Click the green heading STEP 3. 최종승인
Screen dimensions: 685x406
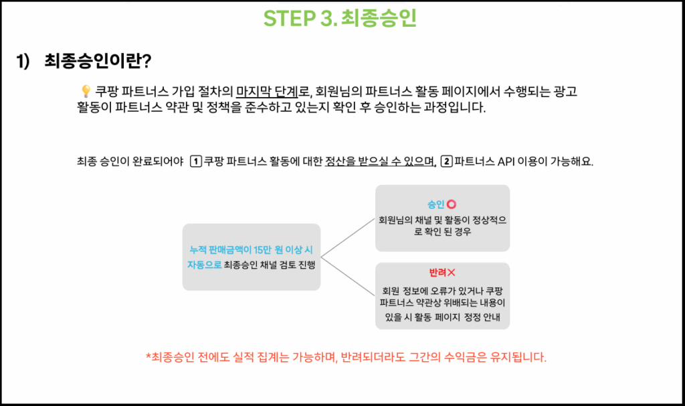(340, 18)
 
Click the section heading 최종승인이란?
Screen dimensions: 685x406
(98, 60)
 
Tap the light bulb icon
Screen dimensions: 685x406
(86, 91)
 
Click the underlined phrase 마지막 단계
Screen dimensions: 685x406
(267, 91)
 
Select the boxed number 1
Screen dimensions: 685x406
(196, 161)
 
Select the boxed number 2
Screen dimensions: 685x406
(446, 161)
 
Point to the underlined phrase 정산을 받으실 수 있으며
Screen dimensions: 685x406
(381, 161)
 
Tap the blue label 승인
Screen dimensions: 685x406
(435, 204)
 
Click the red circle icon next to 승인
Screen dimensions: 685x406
(452, 204)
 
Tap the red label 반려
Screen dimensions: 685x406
(437, 273)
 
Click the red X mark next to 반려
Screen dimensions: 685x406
(452, 273)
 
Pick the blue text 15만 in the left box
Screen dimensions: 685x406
(262, 250)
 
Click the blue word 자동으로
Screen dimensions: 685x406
(204, 265)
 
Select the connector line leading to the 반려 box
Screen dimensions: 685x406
(348, 276)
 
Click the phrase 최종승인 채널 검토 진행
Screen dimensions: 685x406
(270, 265)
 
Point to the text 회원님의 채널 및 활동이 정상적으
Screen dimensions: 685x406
(443, 220)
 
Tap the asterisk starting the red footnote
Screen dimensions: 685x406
(148, 356)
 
